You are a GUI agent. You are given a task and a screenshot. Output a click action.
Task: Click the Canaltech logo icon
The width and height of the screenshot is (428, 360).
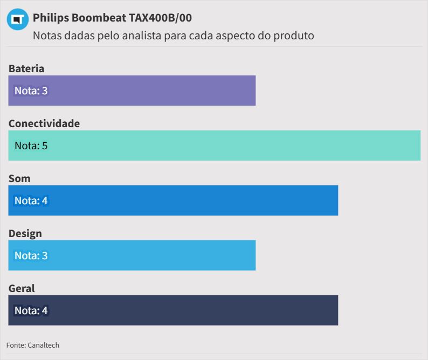click(x=17, y=19)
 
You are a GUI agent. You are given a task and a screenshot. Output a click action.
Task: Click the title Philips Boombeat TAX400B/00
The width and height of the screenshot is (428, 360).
click(x=112, y=18)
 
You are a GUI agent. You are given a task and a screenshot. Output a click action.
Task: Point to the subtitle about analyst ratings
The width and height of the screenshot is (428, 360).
click(x=173, y=36)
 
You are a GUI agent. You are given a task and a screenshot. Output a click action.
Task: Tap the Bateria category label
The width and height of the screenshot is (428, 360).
click(x=26, y=68)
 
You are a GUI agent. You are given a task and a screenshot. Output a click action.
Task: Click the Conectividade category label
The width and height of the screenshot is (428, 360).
click(x=44, y=123)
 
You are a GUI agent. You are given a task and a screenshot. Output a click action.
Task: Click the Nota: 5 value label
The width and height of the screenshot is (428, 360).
click(x=31, y=146)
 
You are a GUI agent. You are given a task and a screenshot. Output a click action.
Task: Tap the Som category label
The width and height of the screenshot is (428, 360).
click(x=19, y=178)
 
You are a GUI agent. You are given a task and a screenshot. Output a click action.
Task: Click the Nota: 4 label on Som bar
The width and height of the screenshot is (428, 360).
click(x=31, y=200)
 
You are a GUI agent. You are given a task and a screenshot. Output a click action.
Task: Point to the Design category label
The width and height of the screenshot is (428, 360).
click(x=25, y=233)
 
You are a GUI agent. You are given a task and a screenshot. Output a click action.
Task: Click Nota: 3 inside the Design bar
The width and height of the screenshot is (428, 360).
click(x=31, y=255)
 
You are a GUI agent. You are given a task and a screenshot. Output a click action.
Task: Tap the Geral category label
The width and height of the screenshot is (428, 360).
click(x=22, y=288)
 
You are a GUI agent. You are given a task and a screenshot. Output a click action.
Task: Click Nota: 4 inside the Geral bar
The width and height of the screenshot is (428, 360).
click(x=31, y=310)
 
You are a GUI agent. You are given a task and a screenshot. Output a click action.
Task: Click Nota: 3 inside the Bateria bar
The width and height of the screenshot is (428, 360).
click(x=31, y=91)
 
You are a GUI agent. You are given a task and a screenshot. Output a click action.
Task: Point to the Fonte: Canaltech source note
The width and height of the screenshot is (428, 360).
click(x=33, y=345)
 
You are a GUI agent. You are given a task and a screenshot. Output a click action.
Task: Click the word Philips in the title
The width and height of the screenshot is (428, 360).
click(x=51, y=18)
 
